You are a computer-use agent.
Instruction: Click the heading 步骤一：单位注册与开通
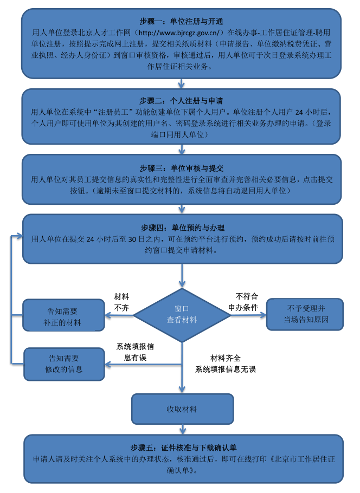[x=181, y=22]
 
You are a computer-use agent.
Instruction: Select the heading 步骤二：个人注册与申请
[x=181, y=101]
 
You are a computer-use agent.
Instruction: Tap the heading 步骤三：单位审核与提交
[x=181, y=168]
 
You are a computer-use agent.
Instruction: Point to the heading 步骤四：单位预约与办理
[x=181, y=228]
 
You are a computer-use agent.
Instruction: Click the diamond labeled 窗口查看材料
[x=182, y=315]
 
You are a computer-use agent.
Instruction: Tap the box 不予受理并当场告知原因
[x=305, y=314]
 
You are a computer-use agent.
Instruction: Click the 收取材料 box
[x=182, y=408]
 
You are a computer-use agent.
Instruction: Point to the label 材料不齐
[x=121, y=302]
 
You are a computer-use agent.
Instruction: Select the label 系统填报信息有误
[x=135, y=352]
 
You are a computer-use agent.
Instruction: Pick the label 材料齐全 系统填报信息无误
[x=225, y=364]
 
